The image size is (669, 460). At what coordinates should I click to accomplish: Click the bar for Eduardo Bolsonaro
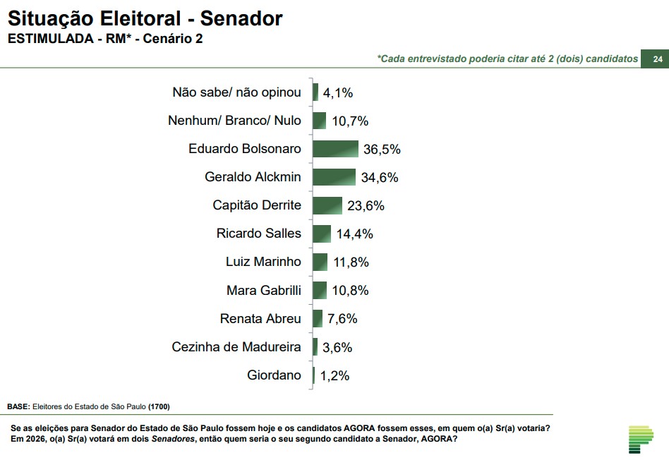[335, 149]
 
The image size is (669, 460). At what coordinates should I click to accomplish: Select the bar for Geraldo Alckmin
[334, 177]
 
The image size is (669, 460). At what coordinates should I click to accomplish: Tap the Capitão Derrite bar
[327, 205]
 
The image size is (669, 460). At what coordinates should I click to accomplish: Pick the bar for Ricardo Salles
[322, 234]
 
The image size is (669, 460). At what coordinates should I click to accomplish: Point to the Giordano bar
[314, 375]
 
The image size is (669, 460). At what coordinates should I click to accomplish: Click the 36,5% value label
[382, 149]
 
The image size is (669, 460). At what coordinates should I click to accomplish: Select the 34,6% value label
[380, 177]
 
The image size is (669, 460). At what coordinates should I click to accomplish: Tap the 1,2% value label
[334, 375]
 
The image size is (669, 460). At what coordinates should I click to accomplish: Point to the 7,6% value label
[342, 319]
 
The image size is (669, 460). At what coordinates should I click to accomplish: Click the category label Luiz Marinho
[263, 262]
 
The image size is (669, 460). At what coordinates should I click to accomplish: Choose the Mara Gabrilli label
[263, 290]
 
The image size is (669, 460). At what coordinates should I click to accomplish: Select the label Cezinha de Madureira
[236, 347]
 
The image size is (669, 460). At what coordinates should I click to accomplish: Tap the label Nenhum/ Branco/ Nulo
[234, 121]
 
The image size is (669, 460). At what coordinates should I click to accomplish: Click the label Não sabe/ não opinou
[236, 92]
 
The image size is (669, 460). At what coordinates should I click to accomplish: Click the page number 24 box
[657, 59]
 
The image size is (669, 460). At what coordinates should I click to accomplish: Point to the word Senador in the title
[241, 18]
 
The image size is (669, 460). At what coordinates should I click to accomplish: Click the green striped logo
[641, 439]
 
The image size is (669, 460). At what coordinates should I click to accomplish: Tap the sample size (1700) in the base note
[159, 407]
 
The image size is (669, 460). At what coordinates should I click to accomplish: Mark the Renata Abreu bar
[318, 319]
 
